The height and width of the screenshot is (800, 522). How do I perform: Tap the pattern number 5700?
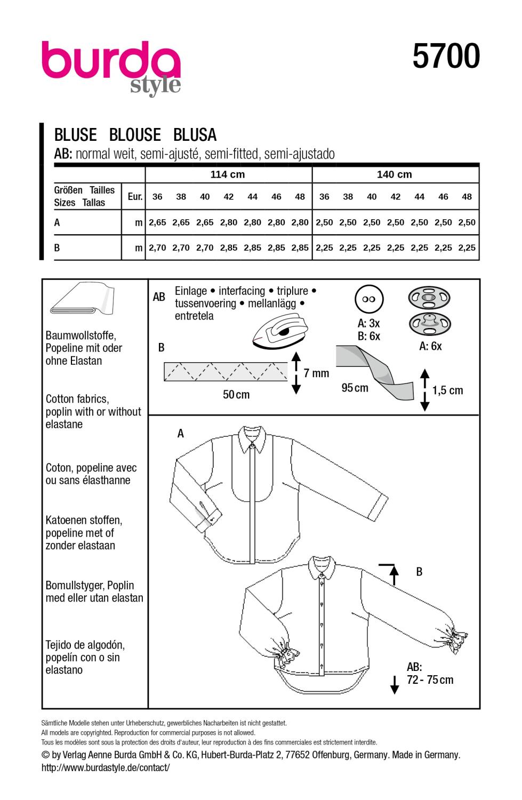[446, 57]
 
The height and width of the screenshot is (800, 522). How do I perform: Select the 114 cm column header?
[228, 174]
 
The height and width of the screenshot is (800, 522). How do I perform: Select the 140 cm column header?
[395, 174]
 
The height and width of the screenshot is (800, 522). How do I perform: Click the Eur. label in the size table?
[135, 197]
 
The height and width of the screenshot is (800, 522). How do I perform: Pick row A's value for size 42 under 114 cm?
[229, 222]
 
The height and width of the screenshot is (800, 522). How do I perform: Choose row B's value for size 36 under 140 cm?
[324, 247]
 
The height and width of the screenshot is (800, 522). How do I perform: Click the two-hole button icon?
[369, 300]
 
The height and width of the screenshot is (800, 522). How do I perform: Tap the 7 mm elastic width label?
[317, 373]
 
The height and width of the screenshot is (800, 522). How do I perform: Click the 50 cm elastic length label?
[236, 395]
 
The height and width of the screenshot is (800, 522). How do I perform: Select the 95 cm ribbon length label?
[355, 388]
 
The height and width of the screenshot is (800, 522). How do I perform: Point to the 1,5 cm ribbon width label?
[448, 390]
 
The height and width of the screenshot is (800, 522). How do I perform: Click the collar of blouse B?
[323, 567]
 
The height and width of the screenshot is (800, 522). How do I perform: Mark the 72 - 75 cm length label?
[430, 680]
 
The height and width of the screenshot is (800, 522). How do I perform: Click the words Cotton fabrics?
[77, 399]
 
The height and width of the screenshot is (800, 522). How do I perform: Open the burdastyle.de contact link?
[106, 767]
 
